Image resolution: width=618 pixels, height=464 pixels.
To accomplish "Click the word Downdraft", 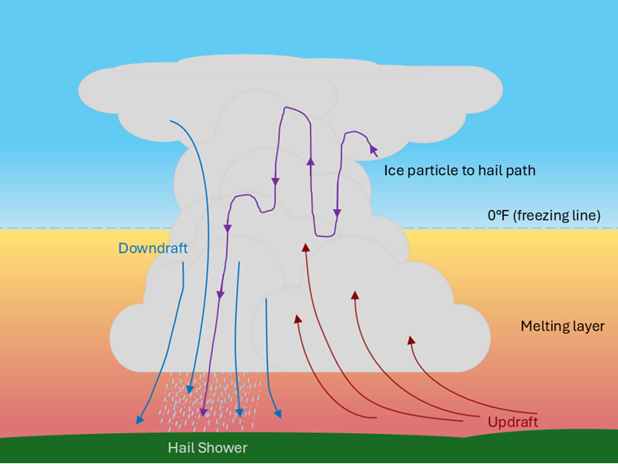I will click(153, 248).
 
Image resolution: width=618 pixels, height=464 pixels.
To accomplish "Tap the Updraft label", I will click(512, 422).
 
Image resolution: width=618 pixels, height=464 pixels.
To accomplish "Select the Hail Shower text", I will click(208, 448).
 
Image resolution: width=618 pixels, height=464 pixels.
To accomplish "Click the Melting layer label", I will click(563, 326).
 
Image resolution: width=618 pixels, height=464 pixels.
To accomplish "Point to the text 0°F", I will click(497, 216).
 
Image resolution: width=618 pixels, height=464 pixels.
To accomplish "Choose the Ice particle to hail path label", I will click(459, 171).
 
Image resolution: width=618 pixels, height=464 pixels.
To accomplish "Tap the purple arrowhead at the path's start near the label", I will click(374, 149).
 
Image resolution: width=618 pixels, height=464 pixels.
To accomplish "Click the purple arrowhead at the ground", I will click(204, 412).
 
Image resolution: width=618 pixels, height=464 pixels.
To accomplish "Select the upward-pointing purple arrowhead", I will click(310, 161).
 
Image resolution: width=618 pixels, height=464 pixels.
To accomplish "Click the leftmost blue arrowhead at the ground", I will click(140, 420).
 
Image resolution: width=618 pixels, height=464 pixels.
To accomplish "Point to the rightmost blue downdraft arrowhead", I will click(278, 413).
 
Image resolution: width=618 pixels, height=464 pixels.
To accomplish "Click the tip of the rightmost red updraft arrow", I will click(410, 340).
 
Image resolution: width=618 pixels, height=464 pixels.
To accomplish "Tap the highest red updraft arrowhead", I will click(306, 247).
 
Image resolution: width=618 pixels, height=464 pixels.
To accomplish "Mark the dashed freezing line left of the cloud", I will click(81, 228).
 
